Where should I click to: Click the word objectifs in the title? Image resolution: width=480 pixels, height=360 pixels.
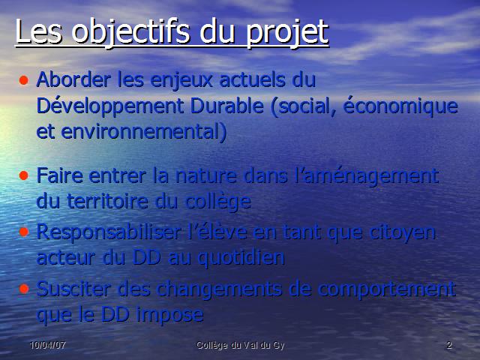(130, 32)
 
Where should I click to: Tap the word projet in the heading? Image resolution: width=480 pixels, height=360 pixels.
(287, 33)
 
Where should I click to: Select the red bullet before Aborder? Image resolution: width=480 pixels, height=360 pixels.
(23, 80)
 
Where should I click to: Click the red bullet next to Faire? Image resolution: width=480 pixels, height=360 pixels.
(23, 175)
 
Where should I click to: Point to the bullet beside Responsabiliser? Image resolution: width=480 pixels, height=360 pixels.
(23, 232)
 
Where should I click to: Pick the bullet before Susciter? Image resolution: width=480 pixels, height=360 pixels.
(23, 289)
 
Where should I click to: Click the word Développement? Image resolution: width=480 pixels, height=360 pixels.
(110, 107)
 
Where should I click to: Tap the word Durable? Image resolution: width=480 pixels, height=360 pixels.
(227, 106)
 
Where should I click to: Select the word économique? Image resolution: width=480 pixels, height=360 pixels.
(400, 106)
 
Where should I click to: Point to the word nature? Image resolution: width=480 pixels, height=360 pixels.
(206, 177)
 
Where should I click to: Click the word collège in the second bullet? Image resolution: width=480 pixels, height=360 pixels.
(218, 202)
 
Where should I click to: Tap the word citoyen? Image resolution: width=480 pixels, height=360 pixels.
(403, 233)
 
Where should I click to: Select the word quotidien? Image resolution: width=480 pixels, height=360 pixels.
(241, 259)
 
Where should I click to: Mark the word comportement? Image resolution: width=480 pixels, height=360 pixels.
(387, 290)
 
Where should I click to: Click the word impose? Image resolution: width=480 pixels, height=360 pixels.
(170, 315)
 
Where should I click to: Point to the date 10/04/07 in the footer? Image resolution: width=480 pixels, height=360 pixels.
(48, 345)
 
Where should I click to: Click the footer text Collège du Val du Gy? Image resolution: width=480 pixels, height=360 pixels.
(240, 346)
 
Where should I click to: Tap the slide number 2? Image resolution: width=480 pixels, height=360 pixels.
(449, 345)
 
